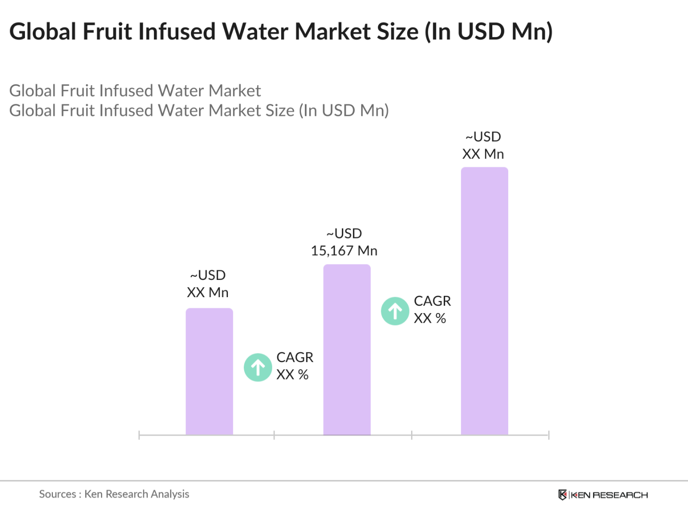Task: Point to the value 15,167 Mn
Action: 344,251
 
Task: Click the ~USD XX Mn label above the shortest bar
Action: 208,284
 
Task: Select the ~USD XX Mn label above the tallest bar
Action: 483,145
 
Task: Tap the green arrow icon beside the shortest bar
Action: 258,367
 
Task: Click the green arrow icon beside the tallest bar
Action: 395,311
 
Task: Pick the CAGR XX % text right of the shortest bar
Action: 294,366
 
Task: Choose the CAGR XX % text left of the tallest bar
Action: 432,310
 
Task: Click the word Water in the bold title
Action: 255,32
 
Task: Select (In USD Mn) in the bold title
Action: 488,32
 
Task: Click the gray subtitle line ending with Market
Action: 135,91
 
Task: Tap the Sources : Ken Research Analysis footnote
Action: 114,494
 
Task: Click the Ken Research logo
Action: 603,495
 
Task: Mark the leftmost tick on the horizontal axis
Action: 139,435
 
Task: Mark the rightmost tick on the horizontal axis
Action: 549,435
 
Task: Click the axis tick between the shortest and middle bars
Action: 274,435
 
